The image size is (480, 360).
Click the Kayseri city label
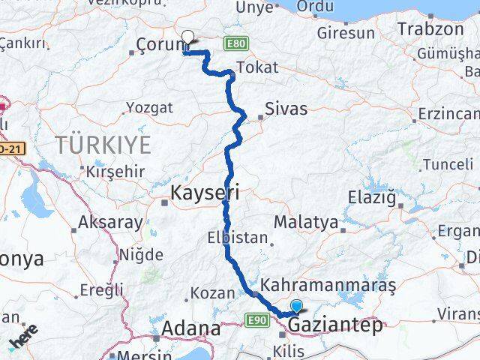coord(205,192)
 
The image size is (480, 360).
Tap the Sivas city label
coord(286,109)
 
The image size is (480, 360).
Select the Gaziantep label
coord(334,325)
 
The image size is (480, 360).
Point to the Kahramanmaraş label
coord(328,286)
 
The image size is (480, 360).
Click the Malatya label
coord(305,222)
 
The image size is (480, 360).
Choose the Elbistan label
coord(236,238)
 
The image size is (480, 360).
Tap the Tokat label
coord(256,67)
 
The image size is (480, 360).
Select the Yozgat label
coord(150,108)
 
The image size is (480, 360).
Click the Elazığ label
coord(370,199)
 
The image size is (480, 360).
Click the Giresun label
coord(346,33)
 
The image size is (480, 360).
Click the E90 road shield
coord(256,320)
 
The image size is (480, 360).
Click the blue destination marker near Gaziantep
coord(297,306)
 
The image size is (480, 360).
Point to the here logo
coord(24,340)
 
